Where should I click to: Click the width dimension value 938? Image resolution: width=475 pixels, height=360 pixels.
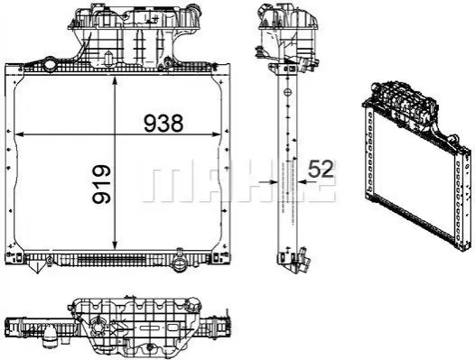pyautogui.click(x=163, y=123)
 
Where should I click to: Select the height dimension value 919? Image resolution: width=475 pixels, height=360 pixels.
pyautogui.click(x=102, y=184)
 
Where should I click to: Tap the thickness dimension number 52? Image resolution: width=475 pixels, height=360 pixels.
pyautogui.click(x=321, y=169)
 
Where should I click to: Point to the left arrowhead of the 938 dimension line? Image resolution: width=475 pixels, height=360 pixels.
pyautogui.click(x=19, y=134)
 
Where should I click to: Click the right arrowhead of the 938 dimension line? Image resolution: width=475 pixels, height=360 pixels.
pyautogui.click(x=218, y=134)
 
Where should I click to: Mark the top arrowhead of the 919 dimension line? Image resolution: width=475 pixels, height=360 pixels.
pyautogui.click(x=115, y=81)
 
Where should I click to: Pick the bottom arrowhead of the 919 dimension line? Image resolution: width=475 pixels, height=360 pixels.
pyautogui.click(x=115, y=245)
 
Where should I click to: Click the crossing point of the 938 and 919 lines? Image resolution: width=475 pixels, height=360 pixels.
pyautogui.click(x=115, y=134)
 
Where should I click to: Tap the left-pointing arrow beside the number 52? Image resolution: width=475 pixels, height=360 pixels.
pyautogui.click(x=307, y=182)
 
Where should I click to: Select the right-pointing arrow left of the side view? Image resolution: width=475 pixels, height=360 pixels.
pyautogui.click(x=269, y=182)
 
